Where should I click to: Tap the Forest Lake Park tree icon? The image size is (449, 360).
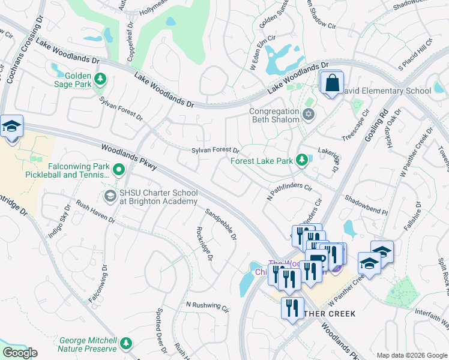click(x=304, y=160)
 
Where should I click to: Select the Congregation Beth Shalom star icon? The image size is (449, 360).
click(x=309, y=114)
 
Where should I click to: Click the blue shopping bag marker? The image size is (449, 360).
click(x=331, y=83)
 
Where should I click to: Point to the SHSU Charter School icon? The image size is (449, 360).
click(x=110, y=196)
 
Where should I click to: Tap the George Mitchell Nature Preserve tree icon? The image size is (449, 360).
click(x=126, y=343)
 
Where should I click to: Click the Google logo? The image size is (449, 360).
click(x=19, y=353)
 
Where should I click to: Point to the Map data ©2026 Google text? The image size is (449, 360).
click(x=411, y=355)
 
